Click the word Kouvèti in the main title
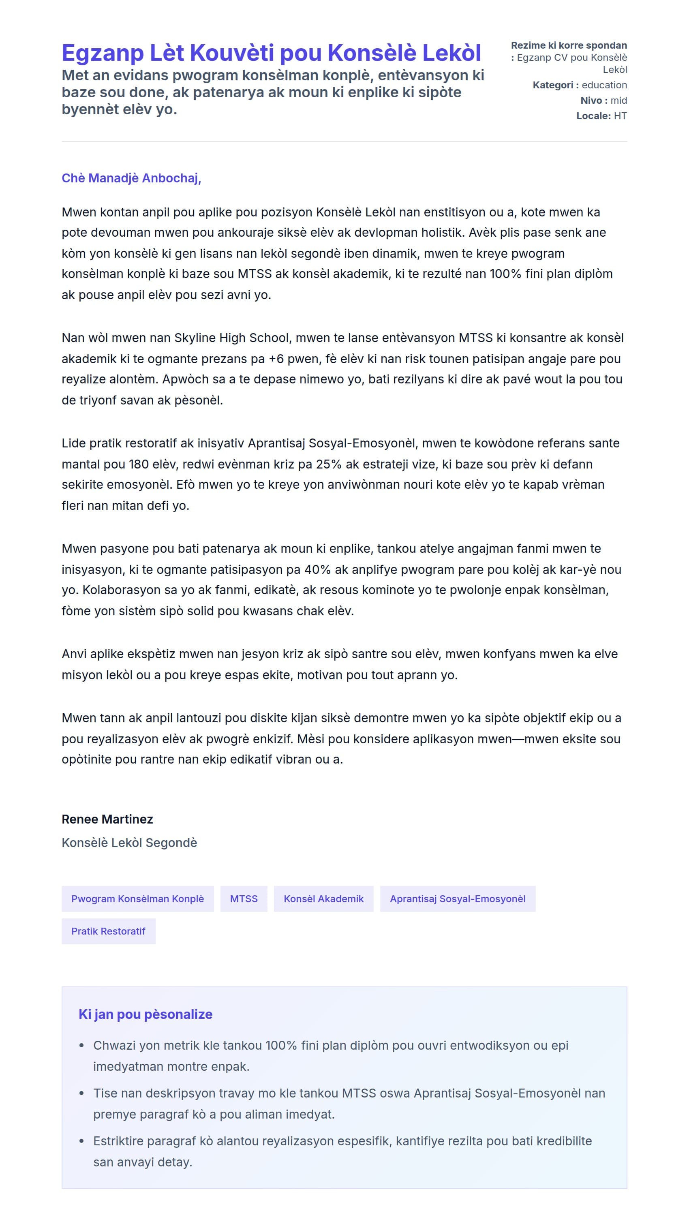[x=233, y=53]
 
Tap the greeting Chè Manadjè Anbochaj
[x=131, y=178]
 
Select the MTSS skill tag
[x=244, y=899]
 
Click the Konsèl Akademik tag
[x=323, y=899]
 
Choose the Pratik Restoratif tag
[x=108, y=931]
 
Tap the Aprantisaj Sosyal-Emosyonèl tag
[x=457, y=899]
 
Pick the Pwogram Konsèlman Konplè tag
[x=137, y=899]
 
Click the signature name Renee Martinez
[x=107, y=819]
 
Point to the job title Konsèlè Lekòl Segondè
[x=129, y=843]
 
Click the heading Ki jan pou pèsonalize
[x=146, y=1014]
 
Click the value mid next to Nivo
[x=618, y=101]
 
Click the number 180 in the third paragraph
[x=139, y=464]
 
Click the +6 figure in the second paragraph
[x=276, y=359]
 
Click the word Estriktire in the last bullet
[x=118, y=1141]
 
